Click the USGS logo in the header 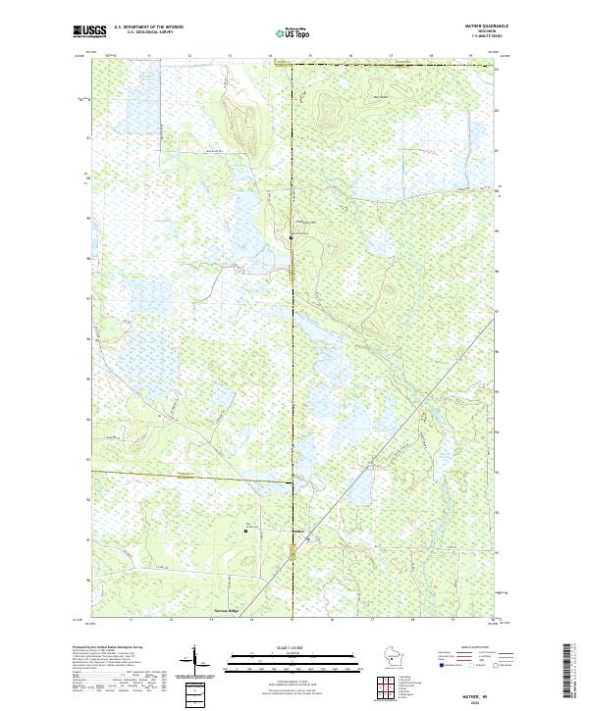(89, 31)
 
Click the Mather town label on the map (300, 533)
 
